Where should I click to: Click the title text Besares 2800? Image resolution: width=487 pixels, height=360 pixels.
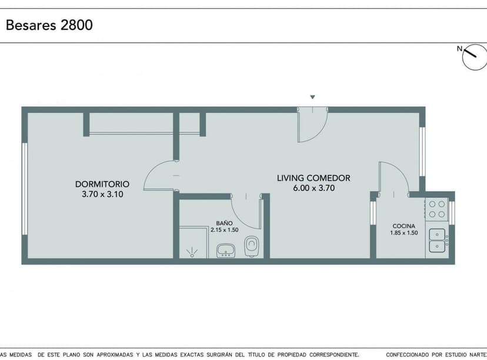(49, 25)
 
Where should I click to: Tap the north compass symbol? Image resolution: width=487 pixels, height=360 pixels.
(474, 58)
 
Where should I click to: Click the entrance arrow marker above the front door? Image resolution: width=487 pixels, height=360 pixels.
(313, 97)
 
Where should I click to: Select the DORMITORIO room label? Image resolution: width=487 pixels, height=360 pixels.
(102, 184)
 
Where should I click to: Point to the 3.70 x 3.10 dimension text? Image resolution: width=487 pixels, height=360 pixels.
(102, 194)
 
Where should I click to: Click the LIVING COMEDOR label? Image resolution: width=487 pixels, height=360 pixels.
(313, 178)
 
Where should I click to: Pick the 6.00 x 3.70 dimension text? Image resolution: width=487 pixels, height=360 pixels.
(313, 188)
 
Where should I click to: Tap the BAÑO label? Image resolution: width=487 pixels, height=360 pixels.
(224, 223)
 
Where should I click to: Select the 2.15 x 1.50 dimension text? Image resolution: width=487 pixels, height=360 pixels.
(224, 230)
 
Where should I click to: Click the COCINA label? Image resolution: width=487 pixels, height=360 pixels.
(404, 226)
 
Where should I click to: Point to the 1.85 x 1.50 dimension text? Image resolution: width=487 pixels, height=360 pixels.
(404, 233)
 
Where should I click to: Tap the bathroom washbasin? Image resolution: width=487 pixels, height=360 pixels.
(226, 251)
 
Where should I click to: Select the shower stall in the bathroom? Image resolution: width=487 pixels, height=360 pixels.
(192, 244)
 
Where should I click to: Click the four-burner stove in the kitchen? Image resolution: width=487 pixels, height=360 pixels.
(436, 209)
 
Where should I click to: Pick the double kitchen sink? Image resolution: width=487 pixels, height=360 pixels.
(438, 240)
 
